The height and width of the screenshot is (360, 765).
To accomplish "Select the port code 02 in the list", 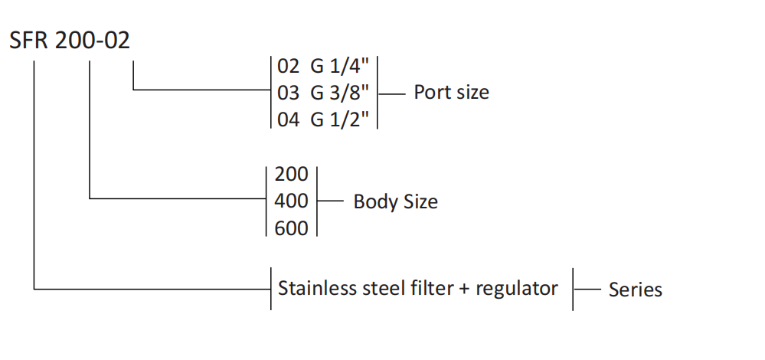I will (x=289, y=66).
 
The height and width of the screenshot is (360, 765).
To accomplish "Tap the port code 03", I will (x=289, y=93).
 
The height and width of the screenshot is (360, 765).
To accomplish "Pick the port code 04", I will (x=289, y=119).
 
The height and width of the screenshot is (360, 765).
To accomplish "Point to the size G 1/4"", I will (x=340, y=66).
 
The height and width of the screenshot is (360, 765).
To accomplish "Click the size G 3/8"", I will (x=340, y=93).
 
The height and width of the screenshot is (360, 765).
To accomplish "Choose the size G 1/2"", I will (x=340, y=119).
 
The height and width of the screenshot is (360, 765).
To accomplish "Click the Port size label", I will (x=451, y=93).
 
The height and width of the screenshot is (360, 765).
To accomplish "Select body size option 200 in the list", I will (x=291, y=175).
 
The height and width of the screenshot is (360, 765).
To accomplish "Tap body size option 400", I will (x=291, y=201).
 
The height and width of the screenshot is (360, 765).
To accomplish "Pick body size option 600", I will (x=291, y=228).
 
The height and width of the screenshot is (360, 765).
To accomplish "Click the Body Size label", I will (x=395, y=202).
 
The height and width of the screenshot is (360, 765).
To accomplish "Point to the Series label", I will (x=635, y=290).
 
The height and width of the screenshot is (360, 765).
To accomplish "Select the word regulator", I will (x=517, y=289).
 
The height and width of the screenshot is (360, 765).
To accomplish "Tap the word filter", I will (x=429, y=289).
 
